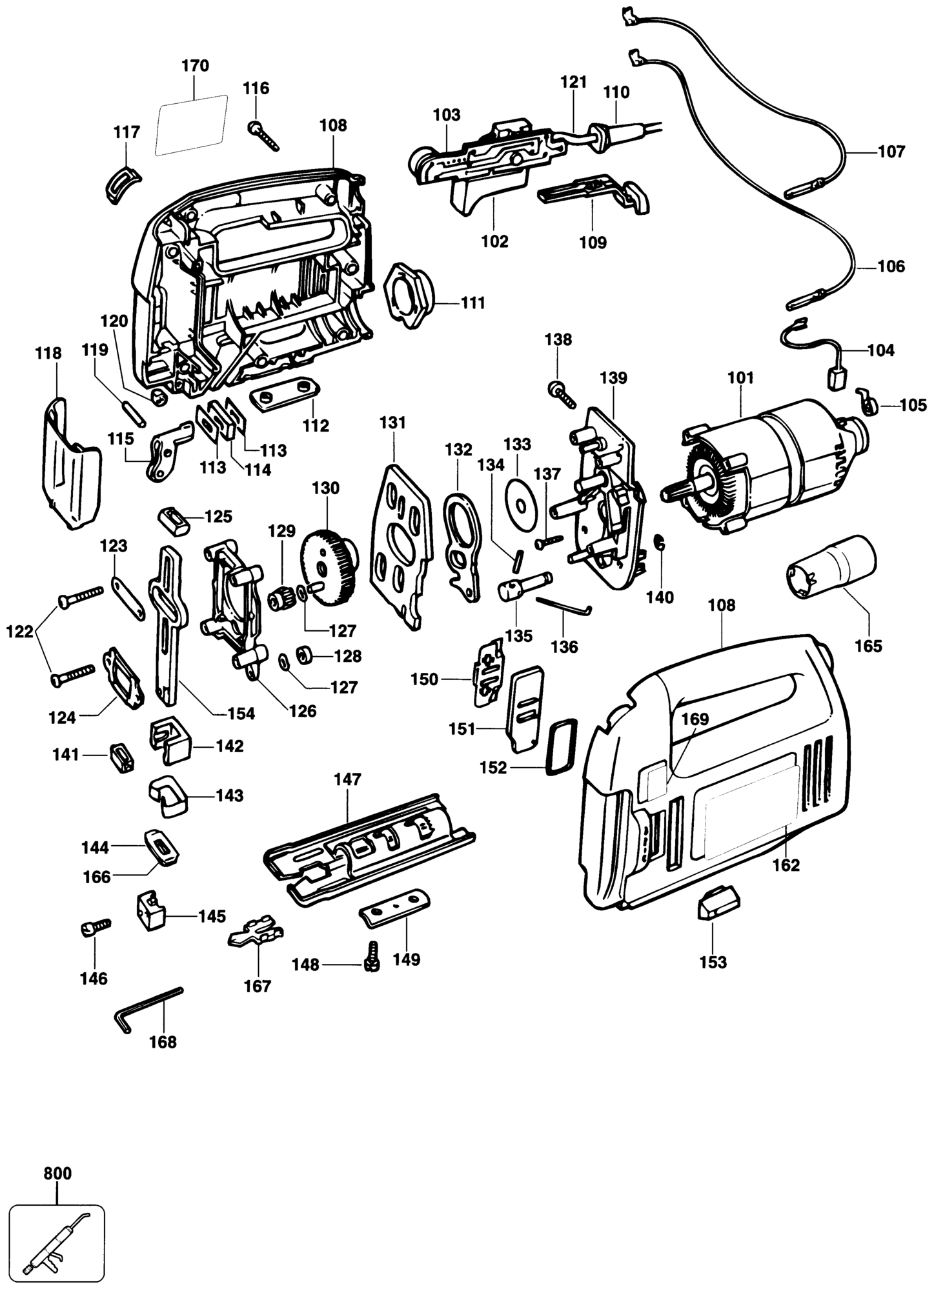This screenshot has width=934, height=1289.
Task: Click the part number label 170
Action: click(x=196, y=66)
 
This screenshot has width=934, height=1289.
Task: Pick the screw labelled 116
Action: click(x=263, y=135)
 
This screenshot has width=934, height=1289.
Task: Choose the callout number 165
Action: click(x=868, y=646)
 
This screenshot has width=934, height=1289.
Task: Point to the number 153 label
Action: click(x=713, y=981)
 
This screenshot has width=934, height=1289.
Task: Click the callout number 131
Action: click(x=392, y=423)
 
